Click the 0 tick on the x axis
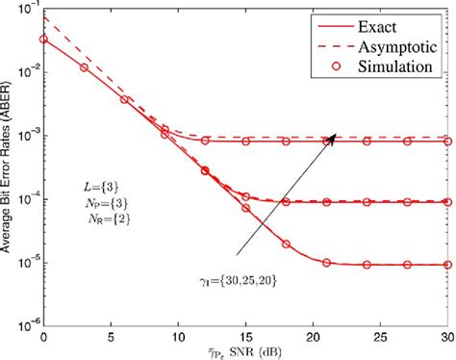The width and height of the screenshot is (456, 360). click(43, 333)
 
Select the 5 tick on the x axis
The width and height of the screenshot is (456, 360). click(110, 333)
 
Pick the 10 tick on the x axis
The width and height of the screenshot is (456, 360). click(177, 333)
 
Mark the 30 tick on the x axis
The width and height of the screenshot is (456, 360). click(445, 333)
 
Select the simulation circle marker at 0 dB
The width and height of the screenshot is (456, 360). click(43, 40)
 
